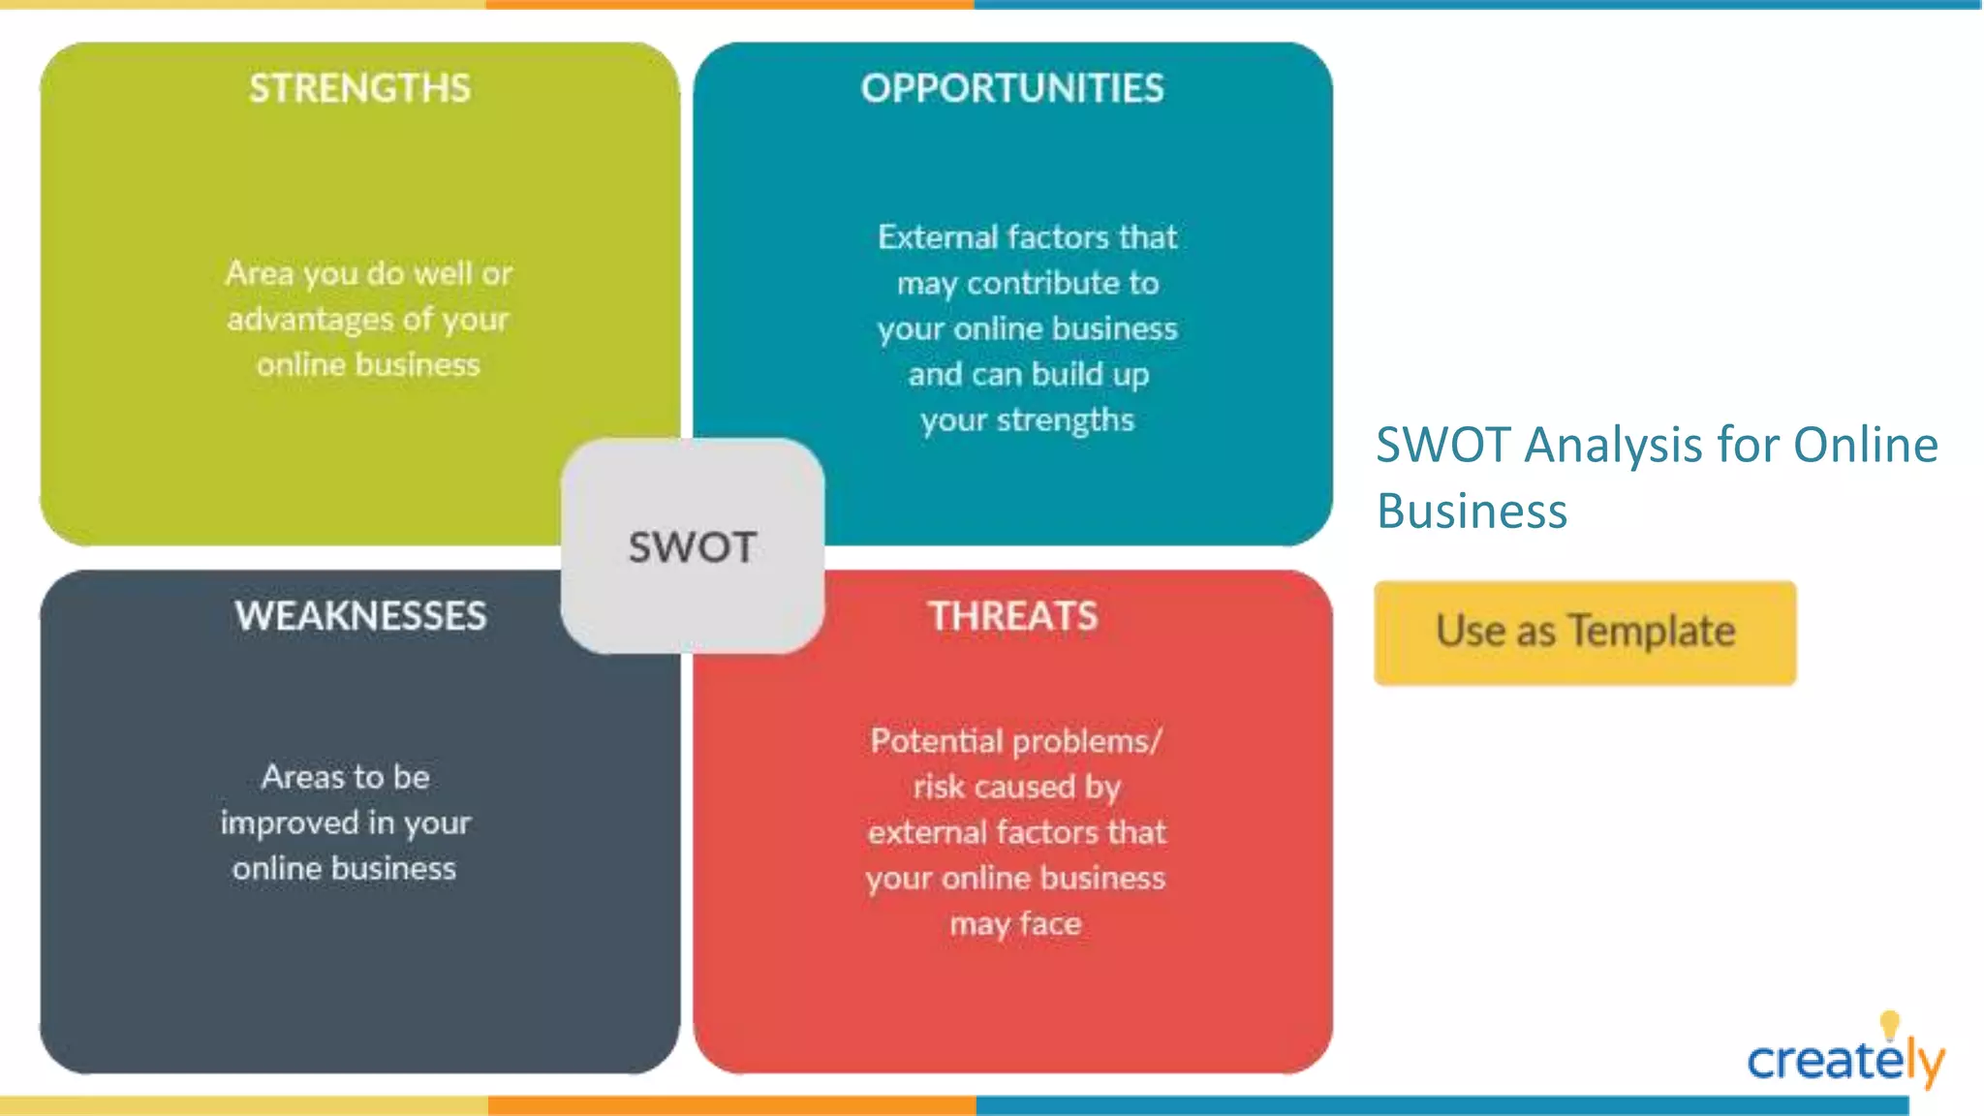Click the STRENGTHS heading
(359, 88)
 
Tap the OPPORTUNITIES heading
(1012, 88)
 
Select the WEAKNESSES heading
(360, 616)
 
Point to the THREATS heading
(1013, 616)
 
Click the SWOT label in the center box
(692, 547)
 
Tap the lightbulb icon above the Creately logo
(1889, 1024)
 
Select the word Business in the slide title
(1472, 511)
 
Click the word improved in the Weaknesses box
(289, 823)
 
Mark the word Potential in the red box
(936, 741)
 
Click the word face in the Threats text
(1050, 923)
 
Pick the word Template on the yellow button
(1652, 632)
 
